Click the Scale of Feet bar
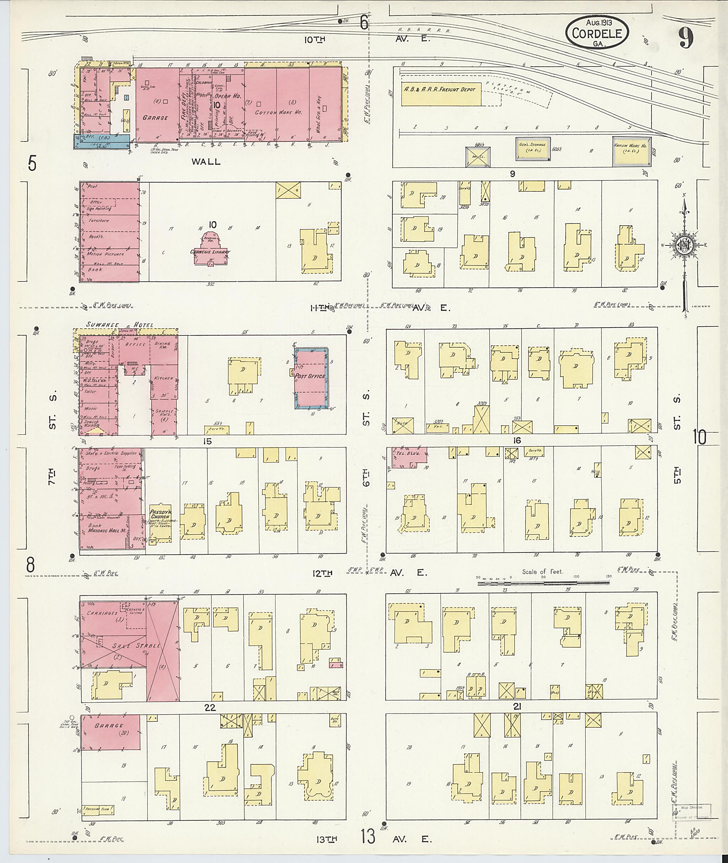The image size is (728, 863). click(543, 583)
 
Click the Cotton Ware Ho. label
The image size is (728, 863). click(274, 113)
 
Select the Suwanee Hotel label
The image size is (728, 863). click(120, 325)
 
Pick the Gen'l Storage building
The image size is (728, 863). click(532, 148)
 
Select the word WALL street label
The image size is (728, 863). click(206, 162)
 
